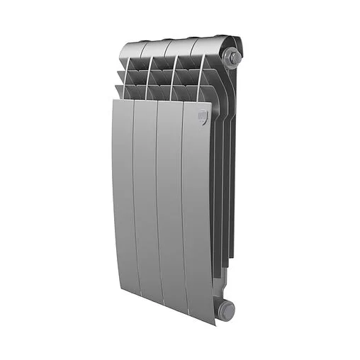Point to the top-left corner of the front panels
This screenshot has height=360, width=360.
tap(113, 101)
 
